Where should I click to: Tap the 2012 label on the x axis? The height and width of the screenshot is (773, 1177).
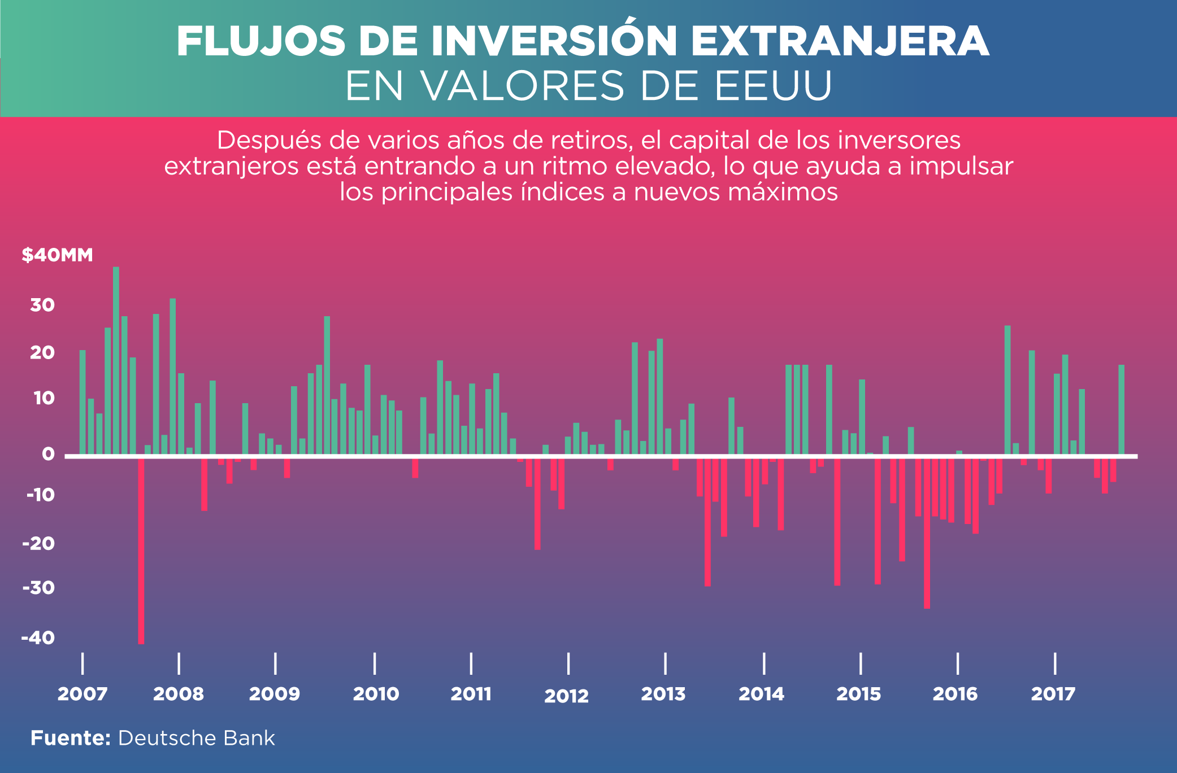566,696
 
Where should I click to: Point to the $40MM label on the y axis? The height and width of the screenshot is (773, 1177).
57,255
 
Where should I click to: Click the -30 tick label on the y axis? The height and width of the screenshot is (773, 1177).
38,588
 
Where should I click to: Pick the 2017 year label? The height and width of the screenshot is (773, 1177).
1053,694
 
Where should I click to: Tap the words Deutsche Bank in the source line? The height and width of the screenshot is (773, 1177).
196,738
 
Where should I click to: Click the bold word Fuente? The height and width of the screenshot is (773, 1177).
70,738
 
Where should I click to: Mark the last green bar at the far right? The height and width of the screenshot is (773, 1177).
1121,409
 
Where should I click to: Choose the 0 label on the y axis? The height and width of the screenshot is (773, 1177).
48,454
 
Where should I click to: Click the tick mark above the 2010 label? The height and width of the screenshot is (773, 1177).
375,663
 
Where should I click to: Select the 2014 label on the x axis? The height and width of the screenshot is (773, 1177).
761,694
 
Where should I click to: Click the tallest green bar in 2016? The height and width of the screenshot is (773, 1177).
1007,390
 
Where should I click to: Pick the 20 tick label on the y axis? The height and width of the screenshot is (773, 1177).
42,353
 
